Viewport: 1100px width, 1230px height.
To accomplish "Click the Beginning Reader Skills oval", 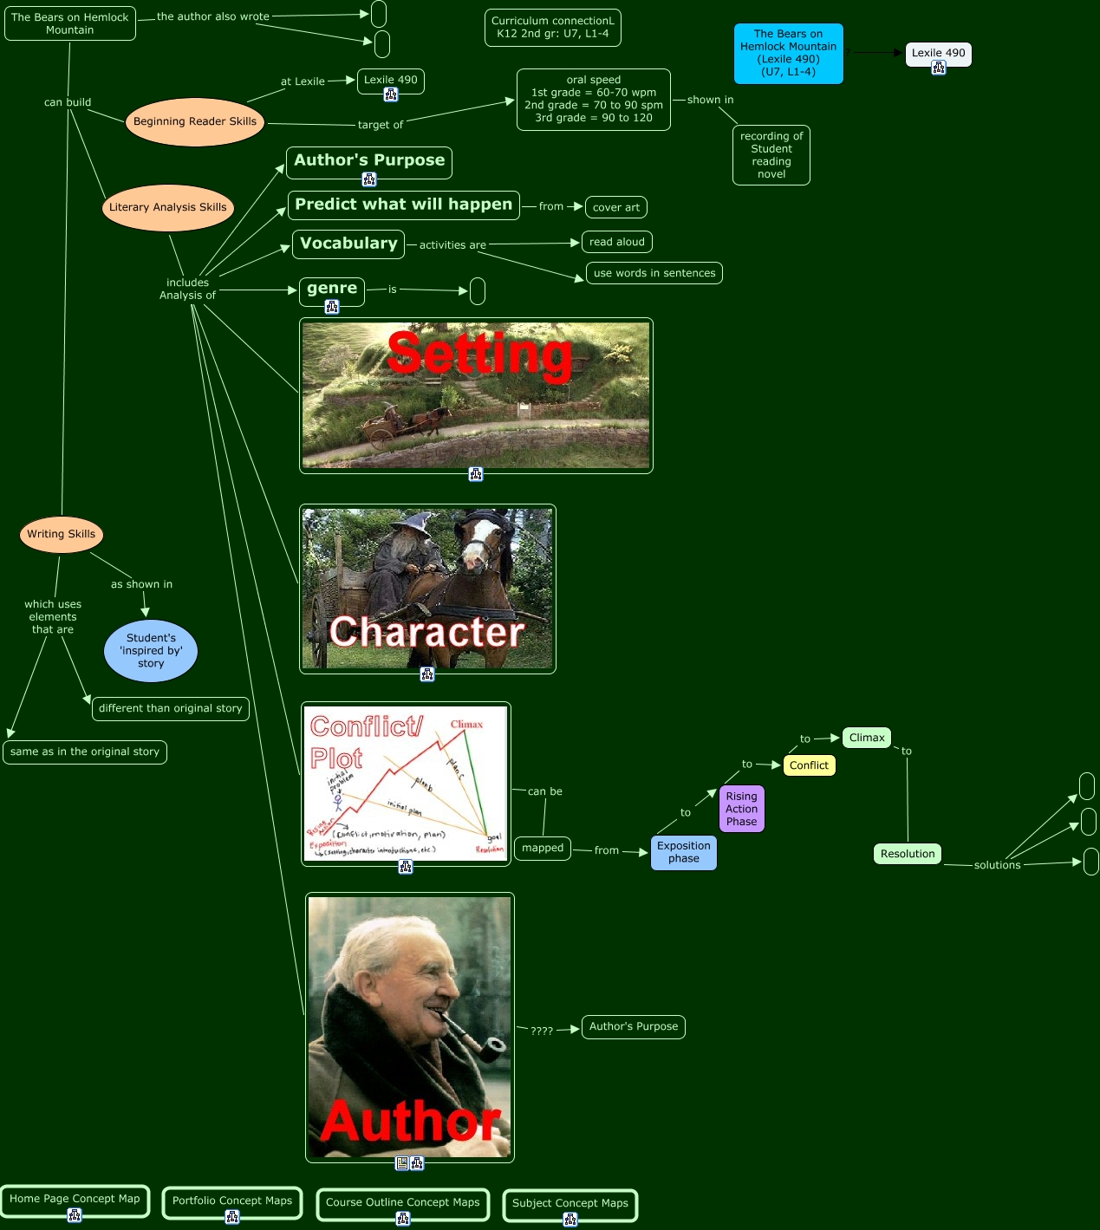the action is [x=195, y=122].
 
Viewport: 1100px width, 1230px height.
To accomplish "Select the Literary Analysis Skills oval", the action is [x=168, y=207].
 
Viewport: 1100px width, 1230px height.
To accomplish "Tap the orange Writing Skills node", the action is [x=62, y=534].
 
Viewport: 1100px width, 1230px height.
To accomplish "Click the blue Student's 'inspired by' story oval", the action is [x=151, y=650].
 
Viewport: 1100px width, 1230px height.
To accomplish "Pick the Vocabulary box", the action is [x=348, y=244].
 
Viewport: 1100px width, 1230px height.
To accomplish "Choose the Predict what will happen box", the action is [x=403, y=205].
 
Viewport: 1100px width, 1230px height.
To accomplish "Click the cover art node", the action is [x=615, y=207].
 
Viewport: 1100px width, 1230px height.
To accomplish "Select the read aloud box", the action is [x=617, y=242].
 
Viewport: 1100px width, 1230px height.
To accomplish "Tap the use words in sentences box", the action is [x=654, y=273].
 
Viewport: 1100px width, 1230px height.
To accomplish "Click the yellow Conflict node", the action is [x=809, y=765].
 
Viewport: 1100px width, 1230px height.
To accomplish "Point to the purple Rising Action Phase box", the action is [x=742, y=809].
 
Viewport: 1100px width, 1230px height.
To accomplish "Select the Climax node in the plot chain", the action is [x=867, y=738].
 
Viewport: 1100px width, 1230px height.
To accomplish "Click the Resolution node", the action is [x=908, y=854].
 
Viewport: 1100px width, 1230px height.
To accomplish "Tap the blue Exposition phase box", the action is [x=684, y=852].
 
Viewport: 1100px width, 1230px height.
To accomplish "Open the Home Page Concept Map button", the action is [x=75, y=1199].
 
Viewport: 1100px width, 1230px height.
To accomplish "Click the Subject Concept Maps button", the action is [x=570, y=1203].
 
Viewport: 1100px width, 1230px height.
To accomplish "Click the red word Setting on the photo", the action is [x=479, y=354].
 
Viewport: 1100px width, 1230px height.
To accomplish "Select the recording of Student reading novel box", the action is [x=771, y=155].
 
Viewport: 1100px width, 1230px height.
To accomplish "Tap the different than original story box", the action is [x=171, y=708].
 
